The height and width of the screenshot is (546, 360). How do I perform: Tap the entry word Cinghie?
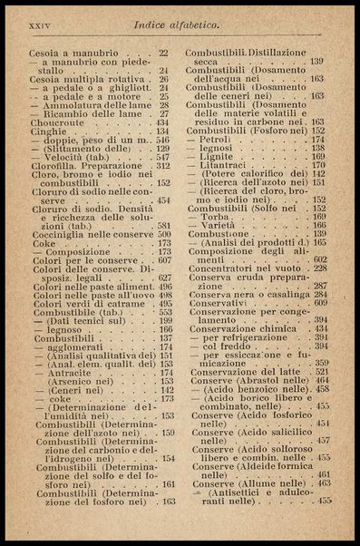coord(37,132)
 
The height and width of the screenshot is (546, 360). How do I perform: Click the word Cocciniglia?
coord(50,233)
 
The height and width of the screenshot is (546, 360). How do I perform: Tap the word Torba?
coord(216,218)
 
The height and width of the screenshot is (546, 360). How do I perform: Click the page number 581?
coord(164,225)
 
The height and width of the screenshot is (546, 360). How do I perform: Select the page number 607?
coord(164,260)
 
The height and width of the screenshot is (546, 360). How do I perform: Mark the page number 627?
coord(164,278)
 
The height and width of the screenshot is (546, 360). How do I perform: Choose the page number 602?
coord(320,260)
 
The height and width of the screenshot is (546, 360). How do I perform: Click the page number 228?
coord(320,268)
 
